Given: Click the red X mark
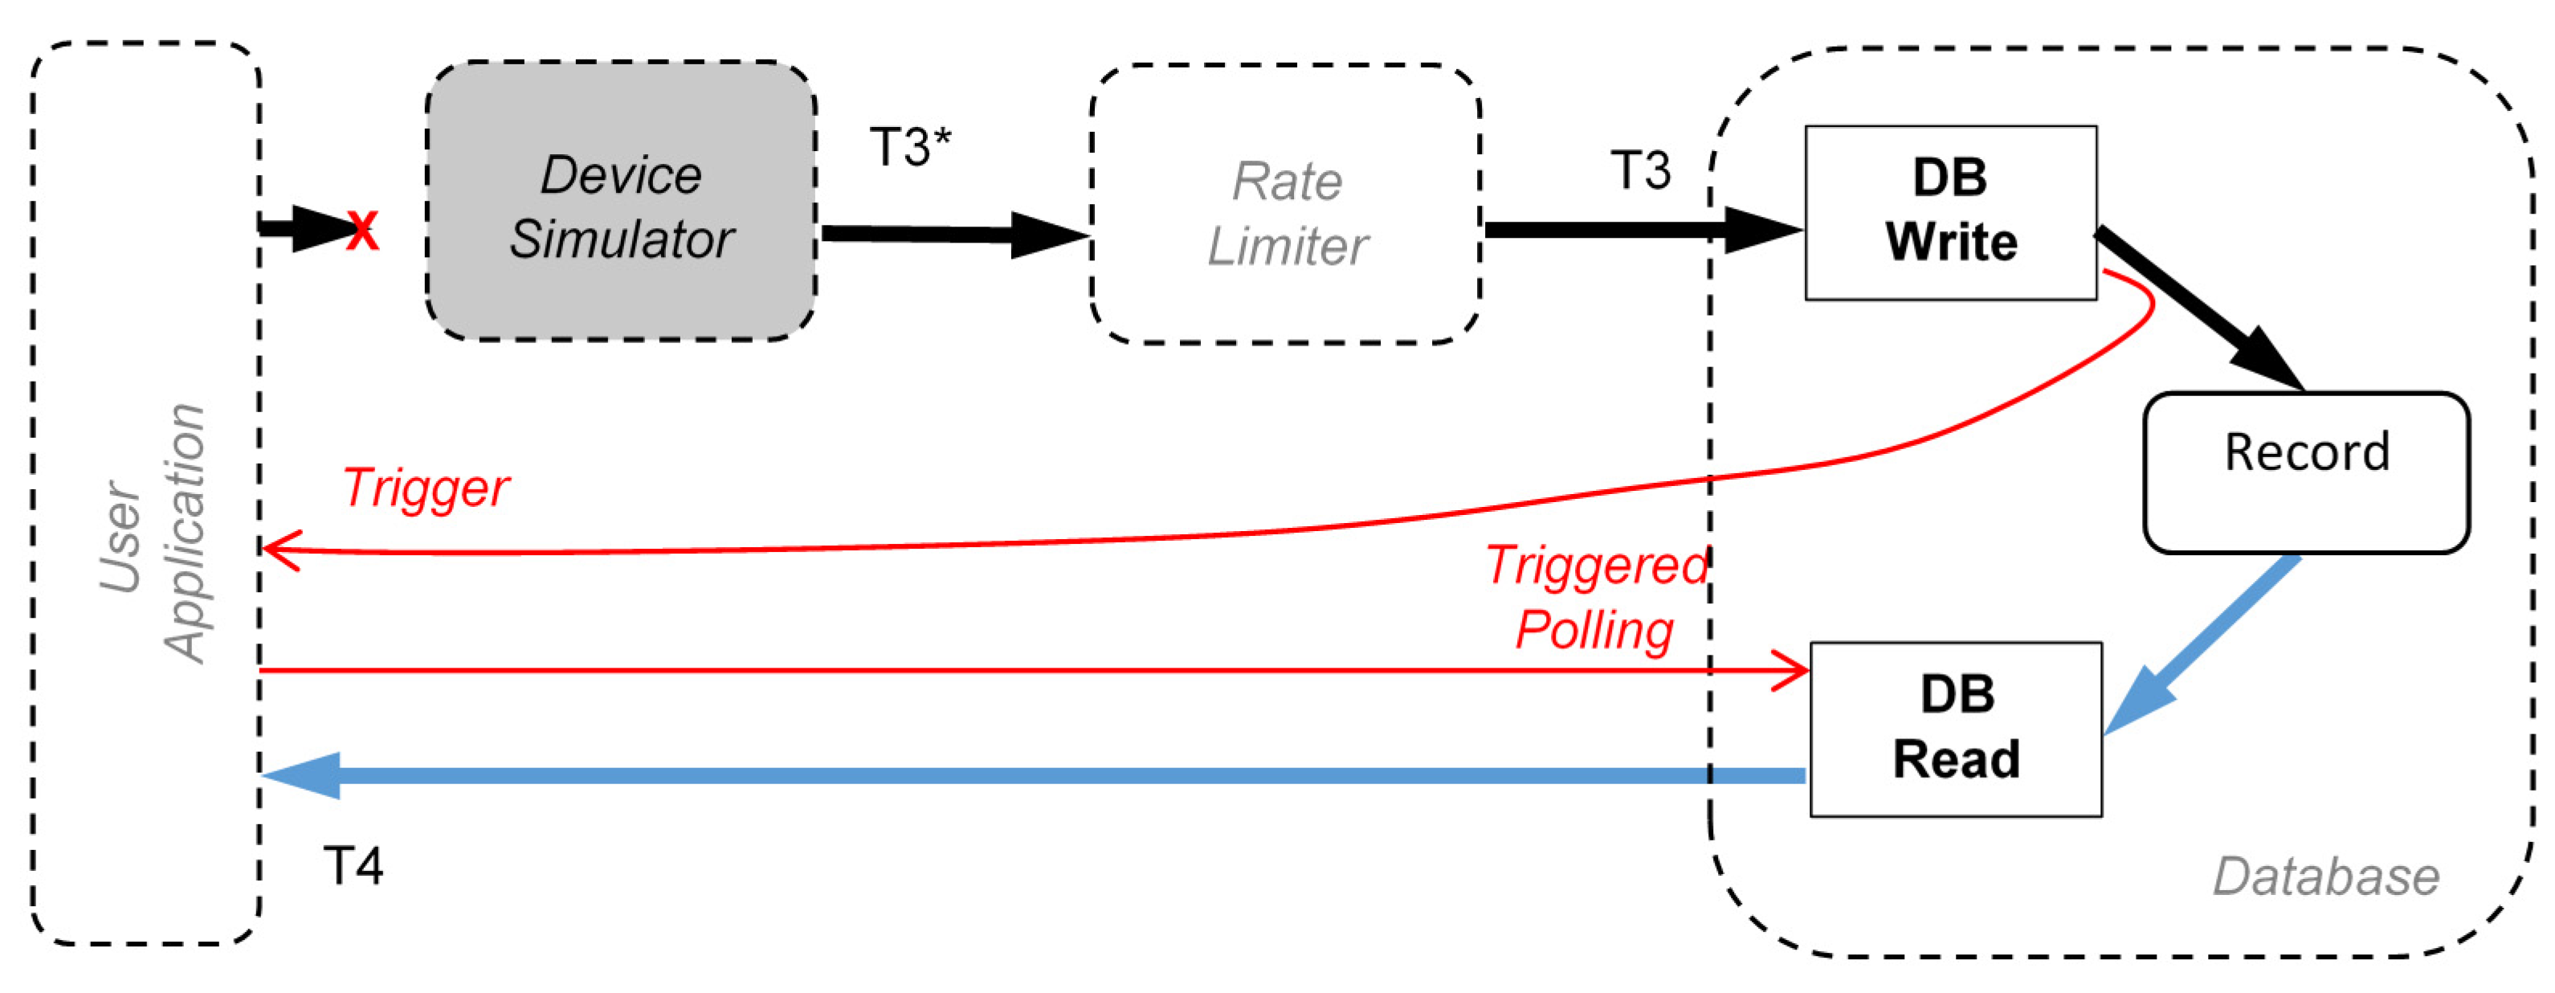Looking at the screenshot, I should (x=362, y=232).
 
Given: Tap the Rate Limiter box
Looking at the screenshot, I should (x=1287, y=206).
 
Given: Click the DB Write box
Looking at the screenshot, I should (x=1950, y=212).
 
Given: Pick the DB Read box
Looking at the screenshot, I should (x=1955, y=729).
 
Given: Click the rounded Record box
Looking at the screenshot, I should (x=2306, y=473).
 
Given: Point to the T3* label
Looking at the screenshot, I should (x=909, y=148).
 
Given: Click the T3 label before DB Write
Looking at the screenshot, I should (x=1639, y=170).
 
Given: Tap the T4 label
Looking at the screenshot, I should (x=353, y=866).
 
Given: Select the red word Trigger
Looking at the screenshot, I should (x=427, y=488).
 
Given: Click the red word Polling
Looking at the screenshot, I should (x=1594, y=631).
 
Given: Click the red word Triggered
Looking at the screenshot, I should (x=1596, y=566).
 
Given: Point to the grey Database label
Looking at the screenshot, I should (x=2326, y=877).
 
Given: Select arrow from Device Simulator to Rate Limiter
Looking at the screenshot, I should (x=952, y=234).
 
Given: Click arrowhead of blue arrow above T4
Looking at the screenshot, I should (x=303, y=774).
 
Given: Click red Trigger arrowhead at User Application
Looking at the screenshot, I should (x=280, y=550).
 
